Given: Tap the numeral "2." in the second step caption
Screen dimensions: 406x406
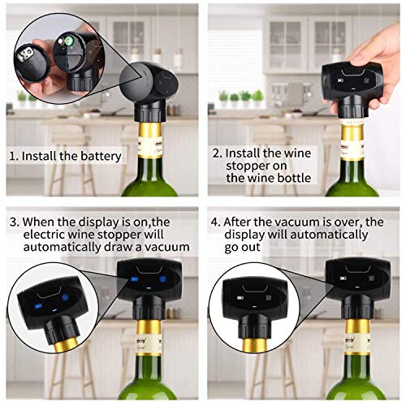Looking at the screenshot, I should click(216, 153).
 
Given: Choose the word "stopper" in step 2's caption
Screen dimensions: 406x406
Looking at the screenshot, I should click(244, 166).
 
